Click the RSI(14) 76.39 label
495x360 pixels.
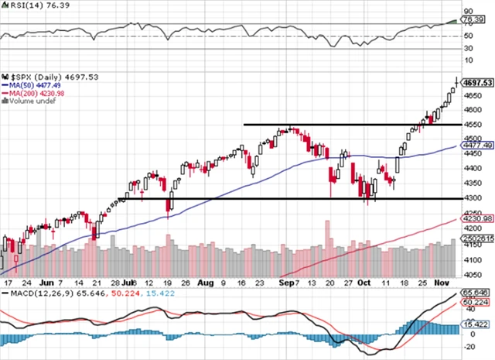(x=26, y=5)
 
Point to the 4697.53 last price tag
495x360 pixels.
(x=476, y=82)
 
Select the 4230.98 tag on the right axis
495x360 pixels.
(x=476, y=219)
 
